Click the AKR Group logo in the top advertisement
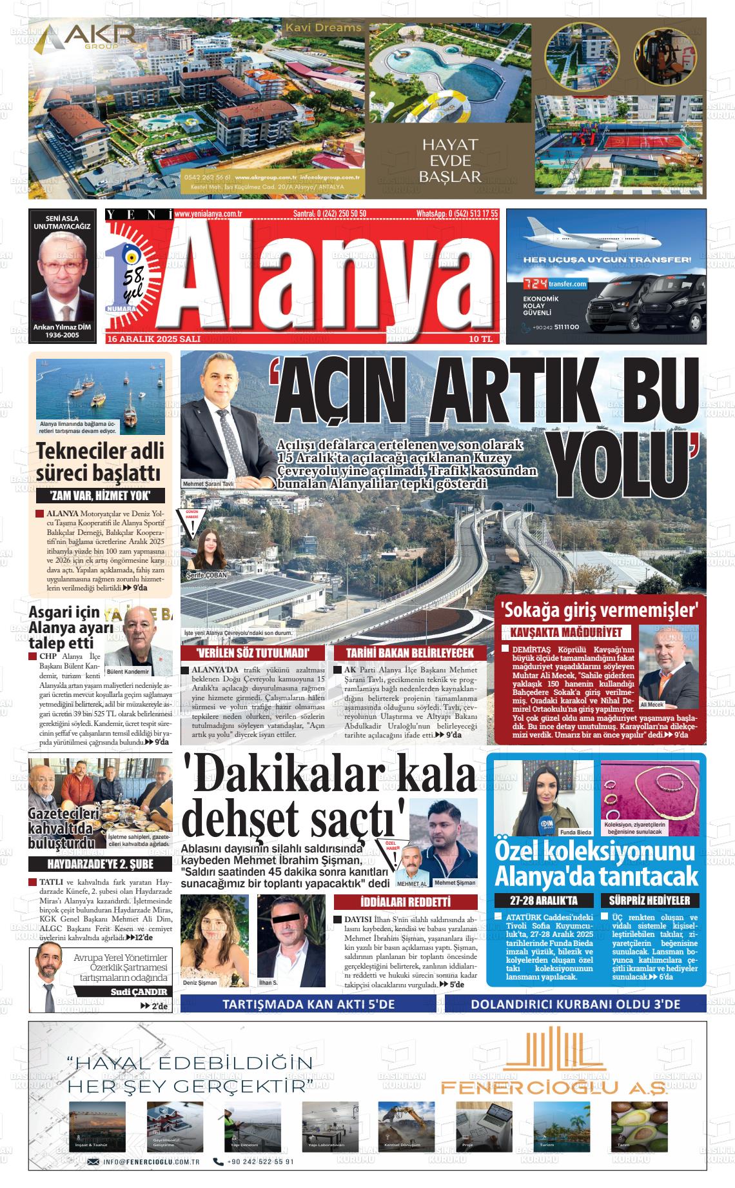pos(84,39)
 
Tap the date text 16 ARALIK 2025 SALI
pos(155,339)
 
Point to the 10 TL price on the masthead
pos(480,339)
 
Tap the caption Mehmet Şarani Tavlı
pos(209,483)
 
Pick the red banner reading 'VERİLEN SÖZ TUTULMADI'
pos(254,653)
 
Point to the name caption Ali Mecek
pos(651,705)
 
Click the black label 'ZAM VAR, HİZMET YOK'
pos(101,496)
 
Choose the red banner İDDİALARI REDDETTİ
pos(406,901)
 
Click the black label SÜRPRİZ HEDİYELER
pos(649,900)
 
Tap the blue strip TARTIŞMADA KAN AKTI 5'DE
pos(308,1004)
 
